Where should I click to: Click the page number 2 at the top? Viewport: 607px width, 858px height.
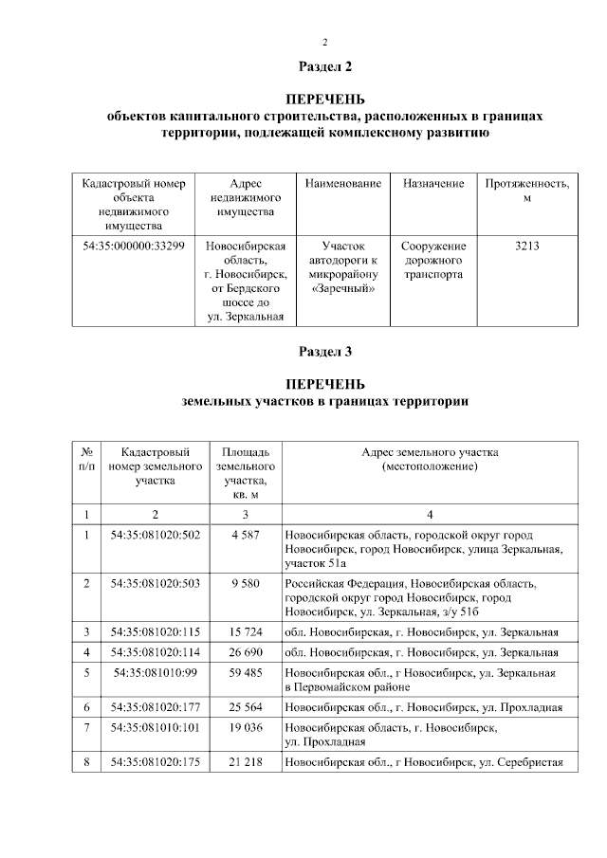[x=325, y=42]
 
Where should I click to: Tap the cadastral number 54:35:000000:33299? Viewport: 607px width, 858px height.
[x=135, y=246]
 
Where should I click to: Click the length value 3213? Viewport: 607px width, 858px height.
[x=527, y=246]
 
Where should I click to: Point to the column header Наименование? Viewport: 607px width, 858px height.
[x=343, y=183]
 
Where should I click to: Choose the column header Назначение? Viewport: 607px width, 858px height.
[x=432, y=183]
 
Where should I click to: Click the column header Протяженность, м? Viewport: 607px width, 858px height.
[x=527, y=190]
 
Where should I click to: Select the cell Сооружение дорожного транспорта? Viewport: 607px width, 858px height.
[x=432, y=260]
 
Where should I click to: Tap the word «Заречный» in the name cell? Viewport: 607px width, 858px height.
[x=343, y=288]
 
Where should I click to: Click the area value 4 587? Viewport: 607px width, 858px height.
[x=246, y=536]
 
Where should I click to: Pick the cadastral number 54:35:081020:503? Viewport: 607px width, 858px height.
[x=156, y=583]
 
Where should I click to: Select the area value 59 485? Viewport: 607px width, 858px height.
[x=246, y=672]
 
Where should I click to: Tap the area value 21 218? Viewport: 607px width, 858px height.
[x=246, y=762]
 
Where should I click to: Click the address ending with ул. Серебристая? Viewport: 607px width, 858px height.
[x=424, y=762]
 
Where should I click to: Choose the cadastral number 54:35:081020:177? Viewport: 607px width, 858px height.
[x=156, y=707]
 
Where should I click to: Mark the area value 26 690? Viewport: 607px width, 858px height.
[x=246, y=652]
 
